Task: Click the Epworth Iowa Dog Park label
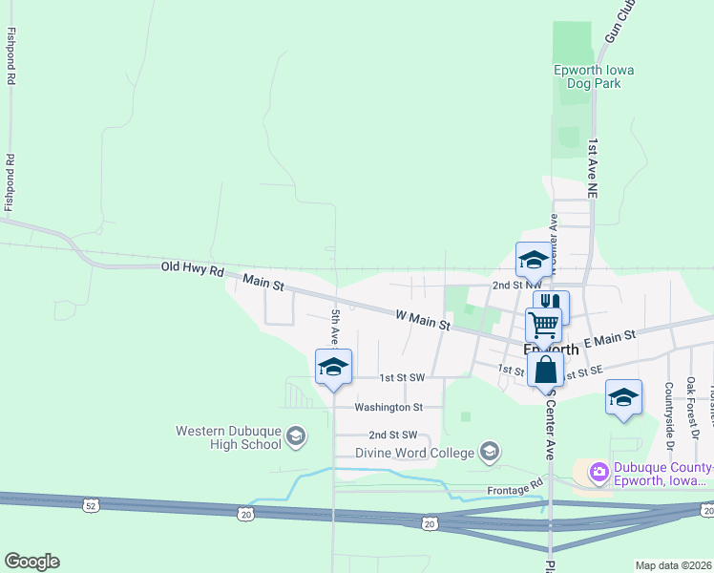pyautogui.click(x=594, y=76)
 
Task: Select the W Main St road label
pyautogui.click(x=423, y=320)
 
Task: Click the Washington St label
pyautogui.click(x=388, y=407)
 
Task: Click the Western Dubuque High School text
pyautogui.click(x=228, y=437)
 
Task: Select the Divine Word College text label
pyautogui.click(x=415, y=452)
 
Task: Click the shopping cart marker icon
pyautogui.click(x=543, y=324)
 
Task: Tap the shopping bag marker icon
pyautogui.click(x=545, y=368)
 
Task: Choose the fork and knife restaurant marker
pyautogui.click(x=551, y=305)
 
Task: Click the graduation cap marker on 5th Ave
pyautogui.click(x=333, y=367)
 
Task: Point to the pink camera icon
pyautogui.click(x=598, y=471)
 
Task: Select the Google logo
pyautogui.click(x=31, y=562)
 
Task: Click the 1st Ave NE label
pyautogui.click(x=593, y=168)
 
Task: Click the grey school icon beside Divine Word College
pyautogui.click(x=491, y=451)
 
